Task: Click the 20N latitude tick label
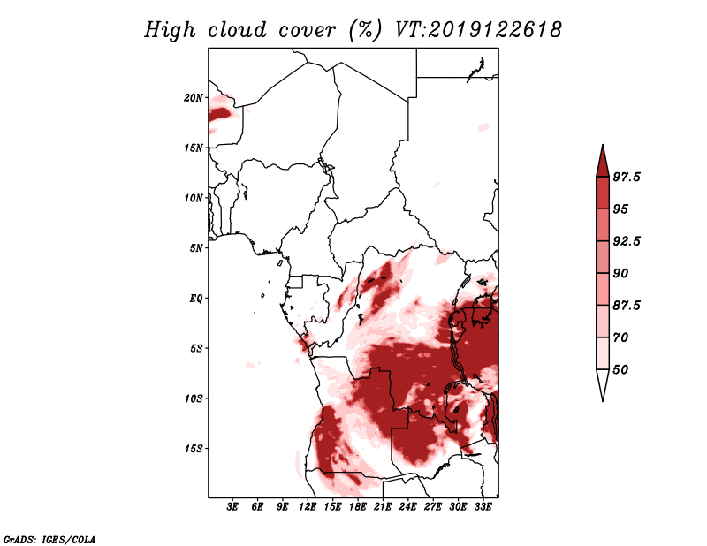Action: pos(194,98)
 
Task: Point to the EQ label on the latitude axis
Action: pos(195,299)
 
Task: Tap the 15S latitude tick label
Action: pos(194,449)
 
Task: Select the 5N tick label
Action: pos(196,248)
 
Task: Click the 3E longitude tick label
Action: pos(232,507)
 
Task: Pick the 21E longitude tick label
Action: pos(383,507)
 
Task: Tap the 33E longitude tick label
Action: pos(483,507)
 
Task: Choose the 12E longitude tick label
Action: pos(307,507)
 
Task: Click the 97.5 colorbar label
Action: pos(627,177)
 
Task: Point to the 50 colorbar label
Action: pos(620,369)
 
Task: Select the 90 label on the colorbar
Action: pos(620,273)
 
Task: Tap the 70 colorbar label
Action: pos(620,337)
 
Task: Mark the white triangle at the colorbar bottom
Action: pos(603,382)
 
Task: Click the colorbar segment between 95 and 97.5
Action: pos(603,193)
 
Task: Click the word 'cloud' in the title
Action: pos(237,30)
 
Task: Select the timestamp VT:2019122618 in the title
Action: pos(478,30)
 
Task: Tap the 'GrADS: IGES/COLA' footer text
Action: pos(49,539)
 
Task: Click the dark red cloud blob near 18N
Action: pos(220,113)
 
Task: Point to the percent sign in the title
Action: pos(365,30)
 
